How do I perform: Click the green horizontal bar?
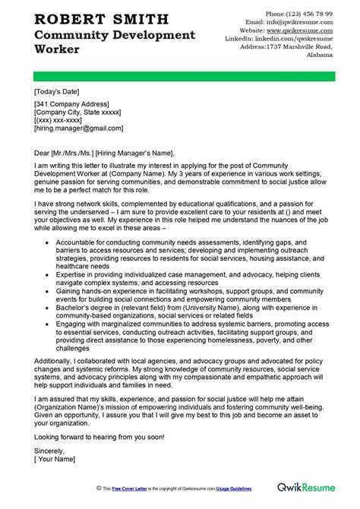click(x=180, y=77)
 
